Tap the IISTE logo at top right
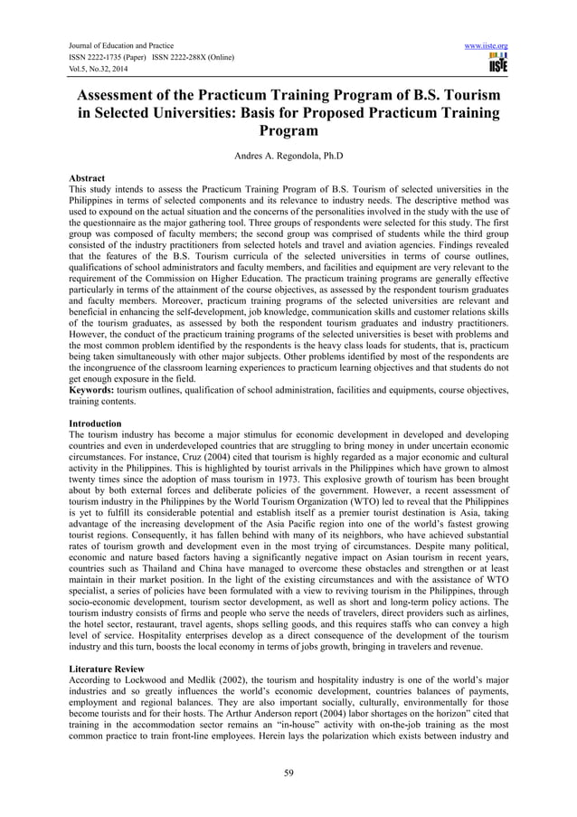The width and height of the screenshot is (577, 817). pos(497,63)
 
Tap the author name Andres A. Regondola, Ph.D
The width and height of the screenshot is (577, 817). pos(288,155)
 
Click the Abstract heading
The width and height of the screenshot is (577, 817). pos(87,178)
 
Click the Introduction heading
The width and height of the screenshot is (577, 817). pos(97,423)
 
